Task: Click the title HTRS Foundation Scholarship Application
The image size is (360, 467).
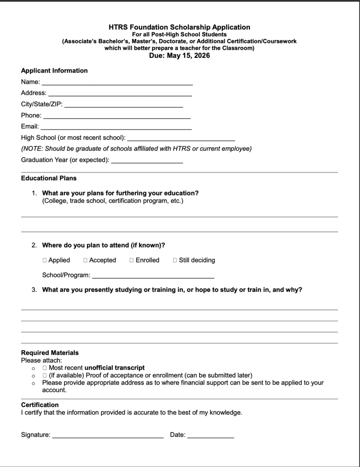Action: coord(180,27)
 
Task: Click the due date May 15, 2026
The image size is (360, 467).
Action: coord(180,56)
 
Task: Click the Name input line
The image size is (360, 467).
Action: coord(117,83)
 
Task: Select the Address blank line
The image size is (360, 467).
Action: coord(120,94)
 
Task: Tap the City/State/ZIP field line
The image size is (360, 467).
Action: coord(123,105)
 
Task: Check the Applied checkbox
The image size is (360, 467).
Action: coord(45,260)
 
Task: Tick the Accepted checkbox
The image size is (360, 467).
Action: coord(86,260)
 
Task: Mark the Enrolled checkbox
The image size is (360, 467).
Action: coord(132,260)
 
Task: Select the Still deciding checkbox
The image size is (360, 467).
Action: coord(175,260)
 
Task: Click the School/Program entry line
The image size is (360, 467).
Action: coord(153,276)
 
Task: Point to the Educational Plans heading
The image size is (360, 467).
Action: coord(49,178)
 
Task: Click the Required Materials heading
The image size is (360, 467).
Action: coord(50,353)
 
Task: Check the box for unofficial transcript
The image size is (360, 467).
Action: coord(45,368)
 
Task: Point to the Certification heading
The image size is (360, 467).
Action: coord(40,405)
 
